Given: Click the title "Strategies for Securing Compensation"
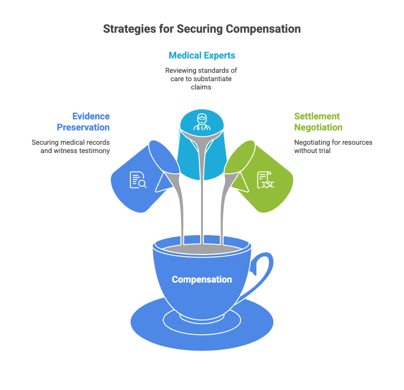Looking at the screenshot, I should point(202,29).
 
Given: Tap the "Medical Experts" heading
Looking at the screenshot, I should point(202,56).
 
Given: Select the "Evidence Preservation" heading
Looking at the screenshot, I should point(83,122).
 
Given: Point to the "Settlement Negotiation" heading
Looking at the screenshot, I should point(318,122).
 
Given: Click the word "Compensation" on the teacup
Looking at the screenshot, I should point(202,279).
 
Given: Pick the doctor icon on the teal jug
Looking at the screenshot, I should point(202,121).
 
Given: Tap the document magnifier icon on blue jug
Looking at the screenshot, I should point(138,179).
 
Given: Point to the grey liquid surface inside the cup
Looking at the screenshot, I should point(202,249).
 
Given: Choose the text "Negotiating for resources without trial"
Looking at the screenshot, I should point(333,147).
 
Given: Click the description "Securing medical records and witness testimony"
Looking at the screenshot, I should point(71,147).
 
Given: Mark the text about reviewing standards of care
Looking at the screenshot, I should point(202,79).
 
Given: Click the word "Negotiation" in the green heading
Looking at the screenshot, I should point(318,127).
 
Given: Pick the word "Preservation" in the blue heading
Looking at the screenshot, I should point(83,127).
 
